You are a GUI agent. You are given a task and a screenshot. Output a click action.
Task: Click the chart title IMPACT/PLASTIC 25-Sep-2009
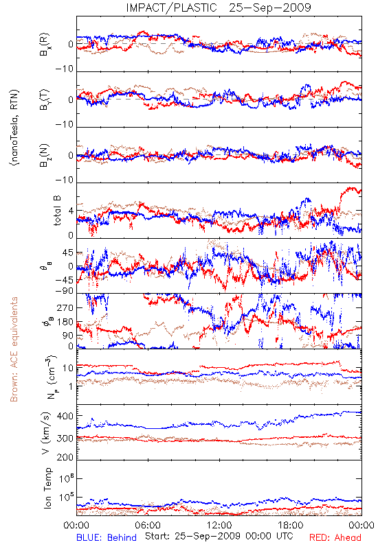click(x=219, y=8)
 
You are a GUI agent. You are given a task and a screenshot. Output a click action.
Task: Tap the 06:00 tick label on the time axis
click(x=148, y=525)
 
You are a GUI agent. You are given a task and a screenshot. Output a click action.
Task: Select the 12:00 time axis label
click(x=219, y=525)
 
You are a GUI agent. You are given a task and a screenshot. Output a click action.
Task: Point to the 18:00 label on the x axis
click(x=291, y=525)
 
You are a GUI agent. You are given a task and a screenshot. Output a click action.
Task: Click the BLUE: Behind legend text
click(x=107, y=537)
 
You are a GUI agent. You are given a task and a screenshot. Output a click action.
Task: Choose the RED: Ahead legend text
click(x=335, y=537)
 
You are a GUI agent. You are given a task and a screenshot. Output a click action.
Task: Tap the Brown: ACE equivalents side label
click(x=14, y=349)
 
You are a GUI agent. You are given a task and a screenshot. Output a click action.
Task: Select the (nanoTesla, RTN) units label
click(x=14, y=128)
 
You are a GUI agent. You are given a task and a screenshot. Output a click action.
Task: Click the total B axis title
click(x=57, y=211)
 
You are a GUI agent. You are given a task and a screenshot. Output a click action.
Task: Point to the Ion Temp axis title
click(x=47, y=488)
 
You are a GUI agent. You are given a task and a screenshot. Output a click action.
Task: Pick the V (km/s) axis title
click(x=46, y=433)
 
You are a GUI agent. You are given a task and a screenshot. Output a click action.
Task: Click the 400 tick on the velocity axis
click(x=65, y=416)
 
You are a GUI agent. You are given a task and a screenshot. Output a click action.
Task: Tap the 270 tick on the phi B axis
click(x=65, y=307)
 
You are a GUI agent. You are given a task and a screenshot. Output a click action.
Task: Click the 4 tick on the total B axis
click(x=71, y=211)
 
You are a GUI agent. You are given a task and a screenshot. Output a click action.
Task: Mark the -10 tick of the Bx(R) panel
click(x=64, y=69)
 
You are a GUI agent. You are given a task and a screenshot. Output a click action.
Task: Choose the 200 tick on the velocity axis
click(x=65, y=457)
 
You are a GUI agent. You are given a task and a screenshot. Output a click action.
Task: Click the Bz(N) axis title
click(x=45, y=155)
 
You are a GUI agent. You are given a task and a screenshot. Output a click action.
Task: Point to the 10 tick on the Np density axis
click(x=68, y=368)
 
